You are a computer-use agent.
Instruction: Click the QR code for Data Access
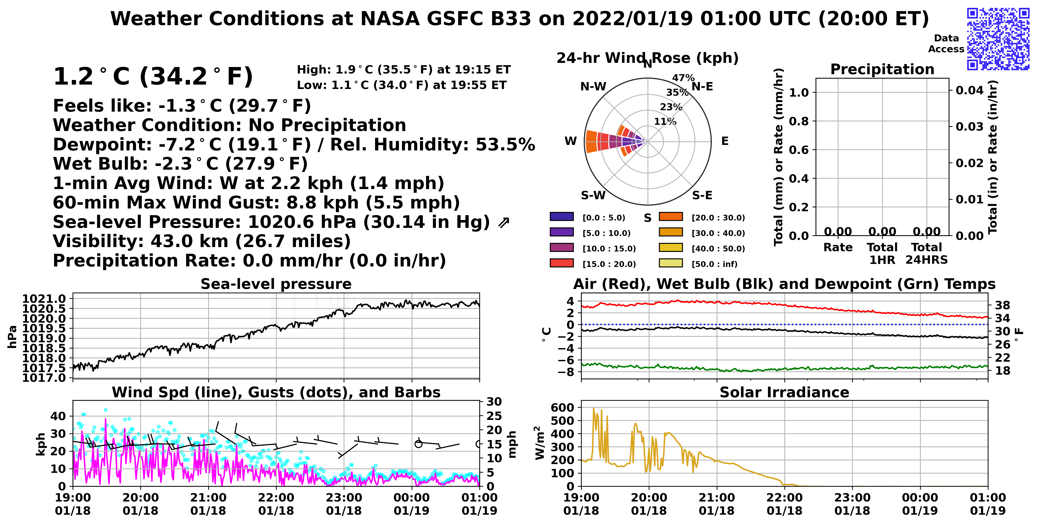[x=998, y=39]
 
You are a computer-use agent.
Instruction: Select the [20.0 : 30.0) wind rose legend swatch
[x=671, y=217]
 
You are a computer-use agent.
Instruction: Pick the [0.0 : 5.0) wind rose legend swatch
[x=562, y=217]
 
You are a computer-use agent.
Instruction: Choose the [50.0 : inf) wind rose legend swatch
[x=671, y=263]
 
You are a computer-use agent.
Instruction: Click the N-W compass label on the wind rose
[x=593, y=86]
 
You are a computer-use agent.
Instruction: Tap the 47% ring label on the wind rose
[x=683, y=77]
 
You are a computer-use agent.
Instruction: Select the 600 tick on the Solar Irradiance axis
[x=562, y=407]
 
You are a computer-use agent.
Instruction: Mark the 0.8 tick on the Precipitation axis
[x=799, y=121]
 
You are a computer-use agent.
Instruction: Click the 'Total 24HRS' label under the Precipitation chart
[x=927, y=254]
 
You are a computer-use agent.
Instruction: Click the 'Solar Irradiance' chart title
[x=784, y=392]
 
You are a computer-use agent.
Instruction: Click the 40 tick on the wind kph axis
[x=58, y=416]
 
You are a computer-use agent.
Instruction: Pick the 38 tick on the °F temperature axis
[x=1003, y=305]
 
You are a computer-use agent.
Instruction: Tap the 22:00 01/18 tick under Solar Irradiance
[x=784, y=504]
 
